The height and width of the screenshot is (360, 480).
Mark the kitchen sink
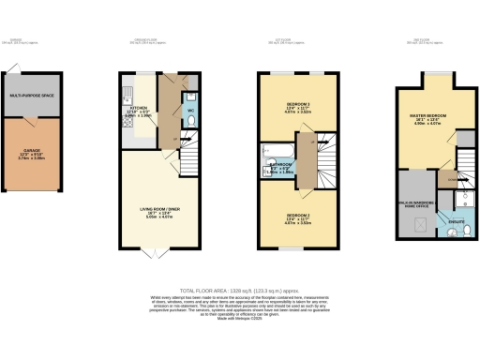coord(125,94)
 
